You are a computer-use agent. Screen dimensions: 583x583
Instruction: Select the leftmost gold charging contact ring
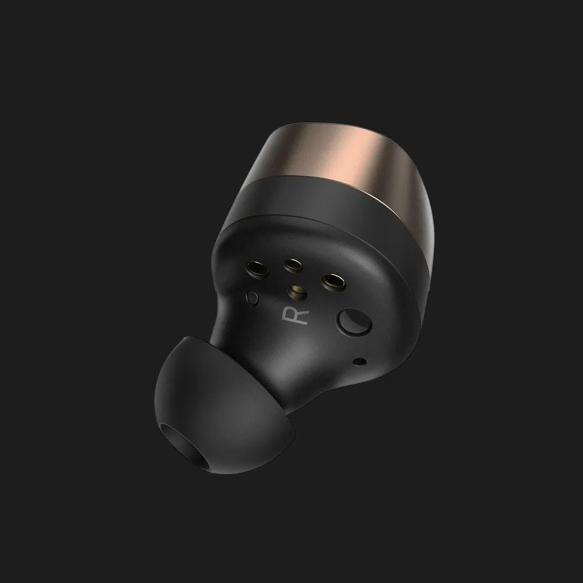click(257, 269)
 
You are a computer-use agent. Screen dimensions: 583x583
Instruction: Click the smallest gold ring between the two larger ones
click(293, 265)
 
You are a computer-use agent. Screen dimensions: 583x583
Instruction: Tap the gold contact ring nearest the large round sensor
click(333, 282)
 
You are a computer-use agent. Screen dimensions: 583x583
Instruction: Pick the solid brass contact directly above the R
click(297, 292)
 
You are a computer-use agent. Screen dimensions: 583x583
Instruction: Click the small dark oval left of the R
click(252, 298)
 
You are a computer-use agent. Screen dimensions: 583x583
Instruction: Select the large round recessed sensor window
click(354, 322)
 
